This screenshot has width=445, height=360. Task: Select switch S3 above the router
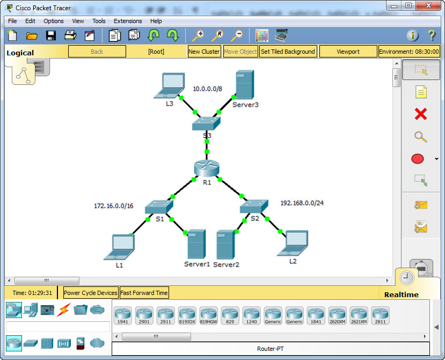pos(207,124)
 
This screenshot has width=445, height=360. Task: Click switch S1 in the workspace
pos(160,206)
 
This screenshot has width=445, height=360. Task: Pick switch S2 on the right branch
pos(254,206)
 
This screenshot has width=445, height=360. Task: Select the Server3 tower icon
pos(244,84)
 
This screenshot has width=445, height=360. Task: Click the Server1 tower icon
pos(196,245)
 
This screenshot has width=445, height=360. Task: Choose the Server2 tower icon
pos(225,245)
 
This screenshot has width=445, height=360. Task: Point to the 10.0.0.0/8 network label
pos(208,88)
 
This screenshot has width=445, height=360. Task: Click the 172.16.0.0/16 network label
pos(113,206)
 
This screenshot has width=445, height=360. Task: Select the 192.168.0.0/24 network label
pos(302,203)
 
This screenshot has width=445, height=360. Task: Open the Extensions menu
pos(128,21)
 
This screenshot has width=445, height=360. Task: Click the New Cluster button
pos(204,52)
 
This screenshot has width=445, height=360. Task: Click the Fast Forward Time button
pos(144,293)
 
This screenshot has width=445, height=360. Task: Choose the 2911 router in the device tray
pos(165,315)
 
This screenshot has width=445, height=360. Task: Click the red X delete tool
pos(421,114)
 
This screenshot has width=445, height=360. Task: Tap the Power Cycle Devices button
pos(90,293)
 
